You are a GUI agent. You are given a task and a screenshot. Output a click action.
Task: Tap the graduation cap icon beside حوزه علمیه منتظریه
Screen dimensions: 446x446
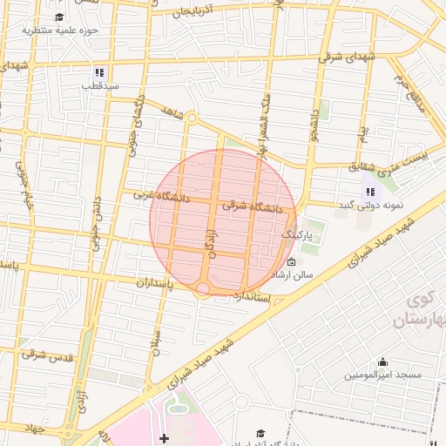click(59, 17)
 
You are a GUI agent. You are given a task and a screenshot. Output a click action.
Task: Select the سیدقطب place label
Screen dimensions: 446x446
click(99, 85)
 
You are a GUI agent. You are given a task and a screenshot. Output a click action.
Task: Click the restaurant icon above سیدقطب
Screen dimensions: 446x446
click(99, 71)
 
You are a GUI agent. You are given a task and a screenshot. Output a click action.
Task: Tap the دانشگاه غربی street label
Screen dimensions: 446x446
click(161, 197)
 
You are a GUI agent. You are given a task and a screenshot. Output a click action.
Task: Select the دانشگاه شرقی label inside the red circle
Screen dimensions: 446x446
click(253, 207)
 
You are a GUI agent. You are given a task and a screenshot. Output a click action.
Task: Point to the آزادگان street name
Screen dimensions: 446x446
click(209, 238)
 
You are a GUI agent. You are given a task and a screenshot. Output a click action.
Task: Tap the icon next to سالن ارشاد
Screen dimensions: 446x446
click(291, 262)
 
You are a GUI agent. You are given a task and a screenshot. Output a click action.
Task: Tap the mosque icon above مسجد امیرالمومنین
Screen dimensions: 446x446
click(383, 362)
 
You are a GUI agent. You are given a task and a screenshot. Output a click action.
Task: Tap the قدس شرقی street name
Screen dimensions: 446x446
click(47, 355)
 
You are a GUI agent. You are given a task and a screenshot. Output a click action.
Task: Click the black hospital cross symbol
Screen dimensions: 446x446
click(164, 437)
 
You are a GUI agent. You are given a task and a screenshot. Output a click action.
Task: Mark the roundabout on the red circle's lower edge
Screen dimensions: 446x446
click(203, 287)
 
